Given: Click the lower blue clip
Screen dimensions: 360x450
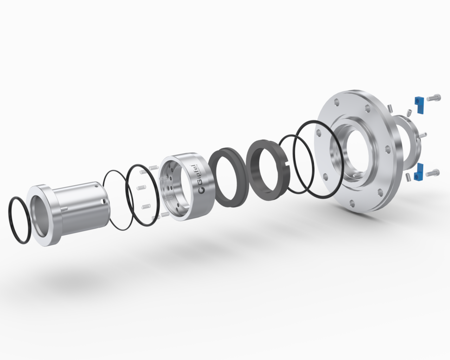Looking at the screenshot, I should pyautogui.click(x=419, y=173).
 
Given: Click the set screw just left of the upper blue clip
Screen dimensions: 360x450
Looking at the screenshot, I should pyautogui.click(x=409, y=112).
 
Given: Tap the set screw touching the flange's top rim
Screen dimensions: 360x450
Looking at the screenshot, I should pyautogui.click(x=391, y=107).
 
